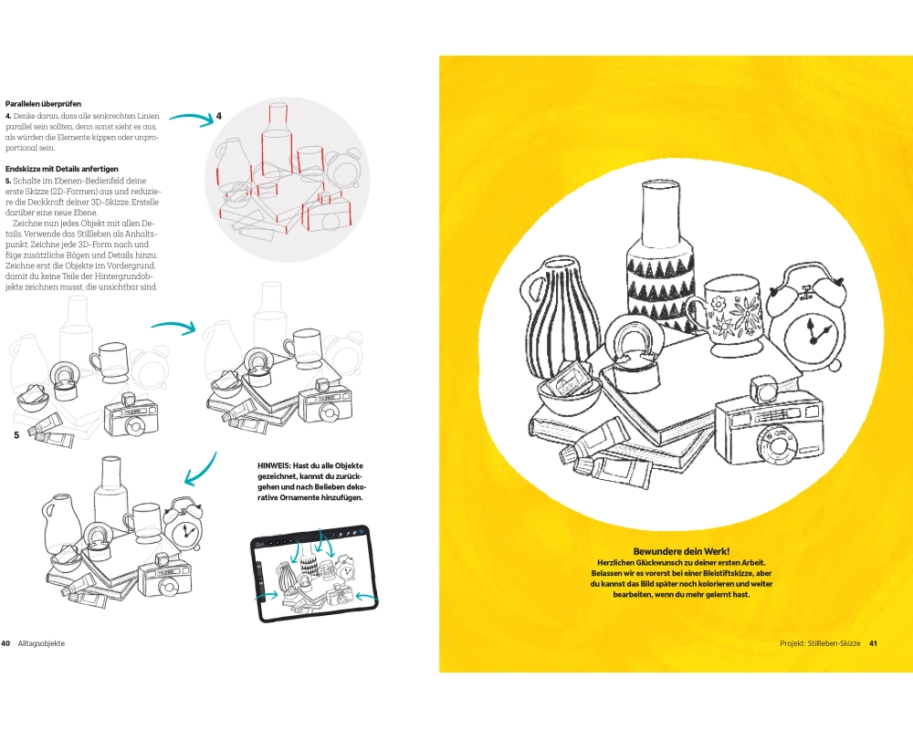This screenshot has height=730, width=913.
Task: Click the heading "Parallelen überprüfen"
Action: [x=43, y=104]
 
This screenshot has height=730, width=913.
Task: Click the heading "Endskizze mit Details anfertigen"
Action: [x=61, y=169]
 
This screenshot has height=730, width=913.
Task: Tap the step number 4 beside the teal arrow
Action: [x=219, y=117]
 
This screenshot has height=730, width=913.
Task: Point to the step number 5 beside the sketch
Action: [x=16, y=435]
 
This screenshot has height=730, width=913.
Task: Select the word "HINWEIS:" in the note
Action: [x=278, y=465]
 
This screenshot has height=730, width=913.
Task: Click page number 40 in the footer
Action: [x=5, y=643]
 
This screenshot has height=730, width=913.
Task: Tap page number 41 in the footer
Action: [x=873, y=643]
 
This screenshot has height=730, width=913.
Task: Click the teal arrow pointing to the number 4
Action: [x=190, y=117]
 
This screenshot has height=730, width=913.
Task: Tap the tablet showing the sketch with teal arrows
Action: [x=312, y=573]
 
